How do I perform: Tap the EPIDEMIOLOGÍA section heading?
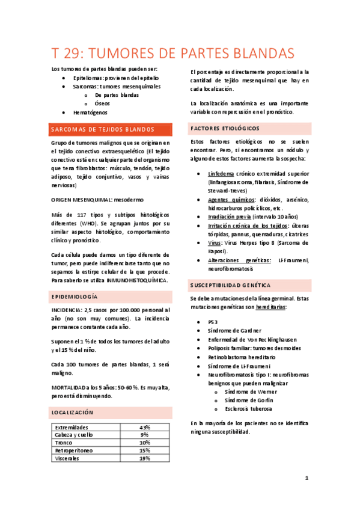(75, 297)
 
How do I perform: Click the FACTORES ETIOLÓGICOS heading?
(225, 129)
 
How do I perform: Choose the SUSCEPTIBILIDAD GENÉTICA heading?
(230, 284)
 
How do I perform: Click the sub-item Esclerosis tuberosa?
(248, 409)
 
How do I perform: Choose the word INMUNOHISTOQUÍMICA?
(136, 280)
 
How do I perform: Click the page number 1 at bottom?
(307, 478)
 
